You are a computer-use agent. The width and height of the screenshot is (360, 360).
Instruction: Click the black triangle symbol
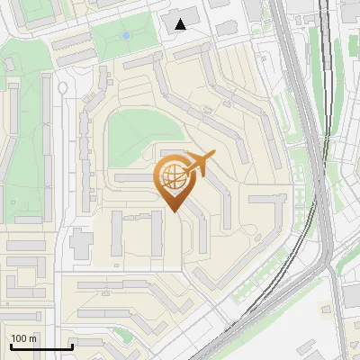click(182, 24)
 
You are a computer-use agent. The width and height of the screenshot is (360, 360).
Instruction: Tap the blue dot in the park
click(126, 35)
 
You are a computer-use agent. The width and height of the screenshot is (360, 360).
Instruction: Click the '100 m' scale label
click(24, 338)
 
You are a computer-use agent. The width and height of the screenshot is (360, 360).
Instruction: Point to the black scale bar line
click(41, 346)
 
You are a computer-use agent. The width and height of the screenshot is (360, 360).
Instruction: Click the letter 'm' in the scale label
click(32, 338)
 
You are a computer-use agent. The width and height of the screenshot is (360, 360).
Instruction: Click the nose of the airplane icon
click(212, 157)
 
